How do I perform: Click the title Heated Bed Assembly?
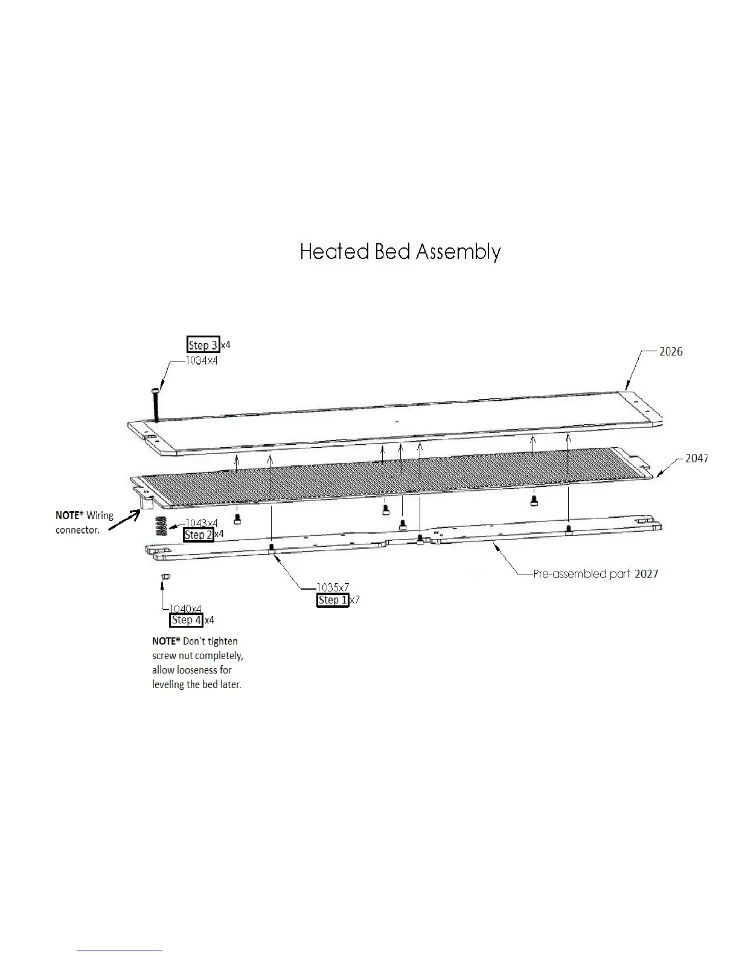click(x=400, y=252)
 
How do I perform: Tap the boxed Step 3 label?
click(x=203, y=345)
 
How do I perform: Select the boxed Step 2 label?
click(x=199, y=535)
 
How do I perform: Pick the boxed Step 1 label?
click(x=333, y=600)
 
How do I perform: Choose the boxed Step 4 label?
click(x=187, y=620)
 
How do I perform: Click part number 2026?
click(x=671, y=351)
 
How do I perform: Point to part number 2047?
click(x=696, y=458)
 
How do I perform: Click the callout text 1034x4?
click(x=202, y=361)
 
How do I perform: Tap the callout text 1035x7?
click(x=333, y=587)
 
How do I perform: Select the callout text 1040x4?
click(x=185, y=608)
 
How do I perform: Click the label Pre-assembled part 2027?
click(x=595, y=573)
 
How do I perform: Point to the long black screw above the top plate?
click(x=156, y=405)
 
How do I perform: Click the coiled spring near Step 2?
click(x=161, y=526)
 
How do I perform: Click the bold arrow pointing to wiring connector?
click(x=124, y=520)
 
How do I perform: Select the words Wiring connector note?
click(x=85, y=523)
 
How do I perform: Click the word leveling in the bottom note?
click(x=169, y=684)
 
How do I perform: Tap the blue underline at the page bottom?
click(x=120, y=951)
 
